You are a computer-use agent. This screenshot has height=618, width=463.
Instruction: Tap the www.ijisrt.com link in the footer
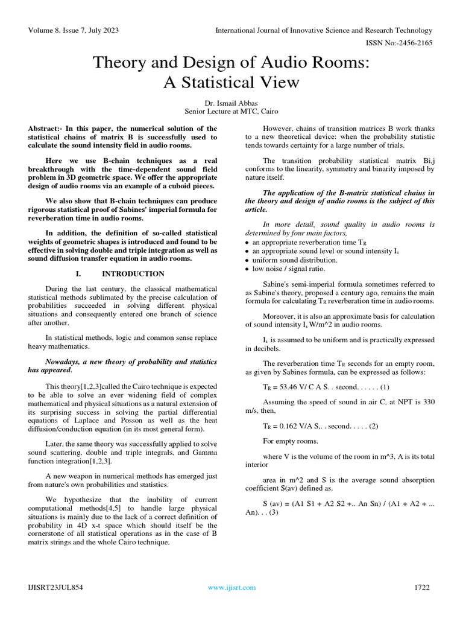(231, 587)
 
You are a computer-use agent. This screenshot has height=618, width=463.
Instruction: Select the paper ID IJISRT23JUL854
(55, 587)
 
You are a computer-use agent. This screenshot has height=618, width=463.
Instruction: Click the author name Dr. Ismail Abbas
(231, 103)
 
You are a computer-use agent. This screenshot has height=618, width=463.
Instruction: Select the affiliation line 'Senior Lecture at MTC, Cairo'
(231, 112)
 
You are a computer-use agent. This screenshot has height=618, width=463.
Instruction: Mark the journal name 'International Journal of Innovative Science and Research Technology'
(324, 30)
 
